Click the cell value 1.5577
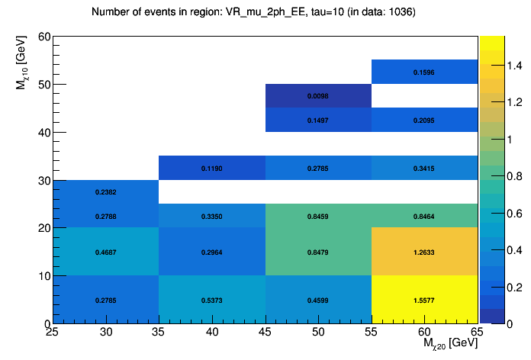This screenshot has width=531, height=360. [x=425, y=300]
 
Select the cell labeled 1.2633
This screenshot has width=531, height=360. [x=425, y=252]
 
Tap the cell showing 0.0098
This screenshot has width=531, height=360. [x=318, y=96]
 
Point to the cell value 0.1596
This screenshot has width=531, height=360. [x=425, y=72]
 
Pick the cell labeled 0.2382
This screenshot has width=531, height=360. [x=106, y=192]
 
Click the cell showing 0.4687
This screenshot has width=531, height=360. [x=106, y=252]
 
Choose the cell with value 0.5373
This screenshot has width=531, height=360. [x=212, y=300]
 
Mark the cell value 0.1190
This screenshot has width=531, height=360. [x=212, y=168]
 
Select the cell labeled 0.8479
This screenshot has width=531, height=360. [x=318, y=252]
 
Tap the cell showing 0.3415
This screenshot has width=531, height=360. [x=425, y=168]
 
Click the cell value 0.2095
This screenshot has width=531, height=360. [x=425, y=121]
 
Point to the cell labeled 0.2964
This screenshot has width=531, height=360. [x=212, y=252]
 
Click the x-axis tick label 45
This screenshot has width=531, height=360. [x=265, y=333]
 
